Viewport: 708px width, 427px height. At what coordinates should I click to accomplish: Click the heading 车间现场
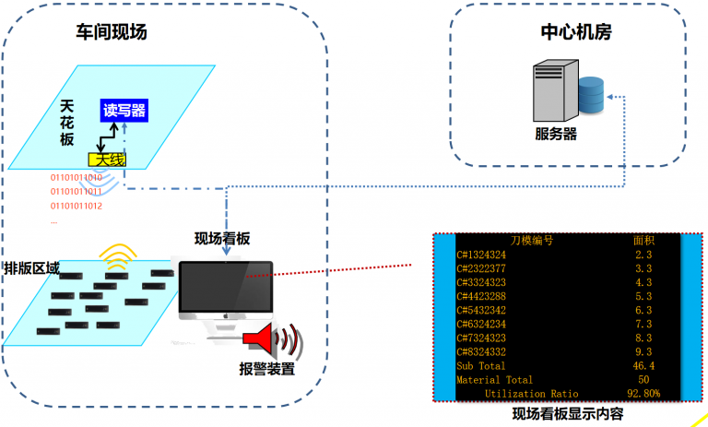(x=111, y=32)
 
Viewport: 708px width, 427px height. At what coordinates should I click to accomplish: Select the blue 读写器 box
(x=124, y=112)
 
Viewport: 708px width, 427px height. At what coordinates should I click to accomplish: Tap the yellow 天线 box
(x=107, y=160)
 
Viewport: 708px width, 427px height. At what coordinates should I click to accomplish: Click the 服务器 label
(x=556, y=134)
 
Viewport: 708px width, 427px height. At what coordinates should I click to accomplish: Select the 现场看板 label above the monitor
(x=221, y=238)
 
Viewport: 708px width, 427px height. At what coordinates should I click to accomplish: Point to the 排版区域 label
(x=32, y=268)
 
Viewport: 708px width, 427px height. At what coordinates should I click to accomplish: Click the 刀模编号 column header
(x=531, y=240)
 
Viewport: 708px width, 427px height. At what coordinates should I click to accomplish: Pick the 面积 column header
(x=643, y=240)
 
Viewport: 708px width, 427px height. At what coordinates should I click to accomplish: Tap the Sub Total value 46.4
(x=643, y=365)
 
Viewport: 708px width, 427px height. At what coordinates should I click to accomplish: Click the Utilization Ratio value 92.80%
(x=643, y=393)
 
